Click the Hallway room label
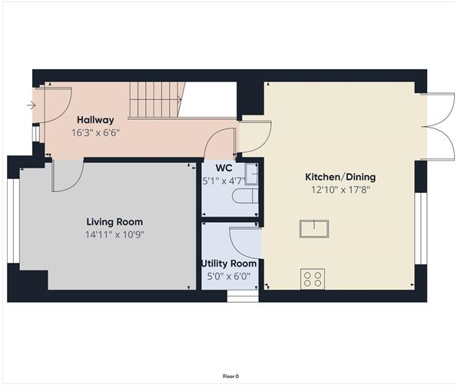click(x=95, y=120)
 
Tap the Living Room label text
click(x=116, y=221)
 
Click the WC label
click(x=224, y=168)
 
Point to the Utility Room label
click(x=229, y=264)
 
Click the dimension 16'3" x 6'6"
click(x=95, y=132)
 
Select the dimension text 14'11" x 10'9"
click(x=116, y=234)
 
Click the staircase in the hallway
click(x=155, y=100)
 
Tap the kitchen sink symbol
click(x=315, y=229)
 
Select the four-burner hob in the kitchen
click(x=313, y=278)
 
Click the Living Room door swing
click(x=62, y=175)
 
